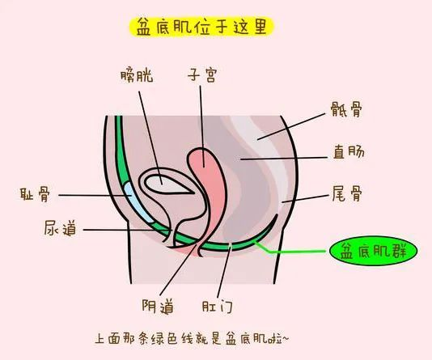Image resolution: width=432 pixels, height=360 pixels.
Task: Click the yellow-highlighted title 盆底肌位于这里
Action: (x=201, y=27)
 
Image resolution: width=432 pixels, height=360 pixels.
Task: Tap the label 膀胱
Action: (x=137, y=76)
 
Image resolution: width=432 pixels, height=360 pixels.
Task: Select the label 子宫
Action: (x=202, y=75)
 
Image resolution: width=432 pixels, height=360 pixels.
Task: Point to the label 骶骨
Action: (x=346, y=109)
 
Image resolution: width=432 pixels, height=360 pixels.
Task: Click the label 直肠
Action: (x=349, y=152)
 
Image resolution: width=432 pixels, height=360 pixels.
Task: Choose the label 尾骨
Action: (x=347, y=193)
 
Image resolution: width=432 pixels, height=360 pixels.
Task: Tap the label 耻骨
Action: (x=35, y=194)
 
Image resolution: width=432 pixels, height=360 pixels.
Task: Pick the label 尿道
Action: (x=60, y=228)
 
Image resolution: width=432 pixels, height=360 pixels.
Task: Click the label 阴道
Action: (x=158, y=306)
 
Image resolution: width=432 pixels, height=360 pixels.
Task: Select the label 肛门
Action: (x=218, y=307)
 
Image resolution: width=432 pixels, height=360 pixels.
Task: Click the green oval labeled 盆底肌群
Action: (x=374, y=251)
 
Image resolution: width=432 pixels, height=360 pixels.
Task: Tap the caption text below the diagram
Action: (x=192, y=339)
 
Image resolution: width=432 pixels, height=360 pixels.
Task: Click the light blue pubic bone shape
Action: (x=137, y=201)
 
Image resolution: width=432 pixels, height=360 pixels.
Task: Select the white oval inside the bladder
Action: (x=167, y=184)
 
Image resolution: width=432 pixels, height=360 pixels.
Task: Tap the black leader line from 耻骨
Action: (x=95, y=195)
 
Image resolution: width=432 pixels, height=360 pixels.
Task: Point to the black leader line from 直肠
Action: (x=284, y=159)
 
